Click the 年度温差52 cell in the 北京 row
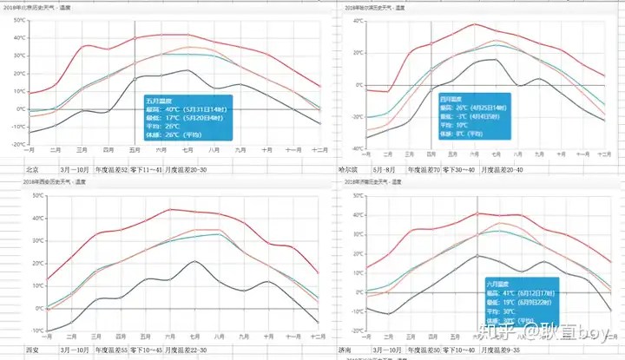tap(111, 169)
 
